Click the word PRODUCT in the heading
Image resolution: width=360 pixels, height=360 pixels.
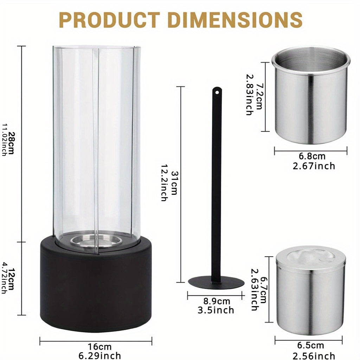point(110,20)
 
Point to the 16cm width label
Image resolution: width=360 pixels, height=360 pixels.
point(99,346)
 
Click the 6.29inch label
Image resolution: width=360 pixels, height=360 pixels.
point(99,356)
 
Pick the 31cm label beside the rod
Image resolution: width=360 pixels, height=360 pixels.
point(174,183)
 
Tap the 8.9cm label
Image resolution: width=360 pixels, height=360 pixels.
point(217,301)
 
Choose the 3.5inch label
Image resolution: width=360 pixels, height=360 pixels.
point(216,310)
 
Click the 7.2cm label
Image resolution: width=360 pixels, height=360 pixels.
point(259,96)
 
